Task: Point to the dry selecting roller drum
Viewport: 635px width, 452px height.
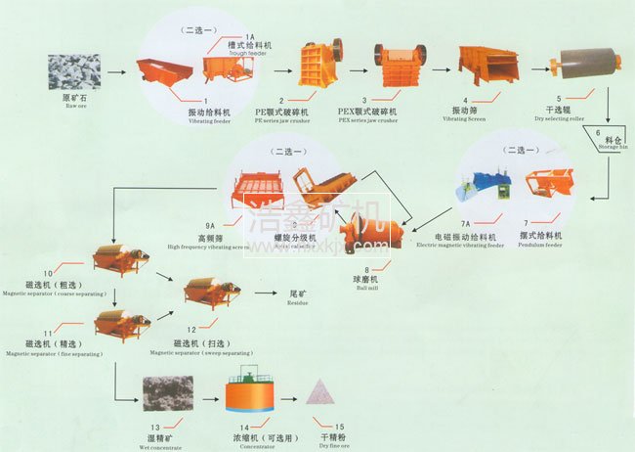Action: click(x=582, y=65)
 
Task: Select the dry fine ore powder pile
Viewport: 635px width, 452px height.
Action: click(x=322, y=393)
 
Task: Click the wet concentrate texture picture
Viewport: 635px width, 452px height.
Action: click(x=169, y=393)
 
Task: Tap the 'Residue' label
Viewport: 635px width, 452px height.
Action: click(x=296, y=303)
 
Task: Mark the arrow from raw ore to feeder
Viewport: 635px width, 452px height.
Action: click(x=116, y=72)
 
